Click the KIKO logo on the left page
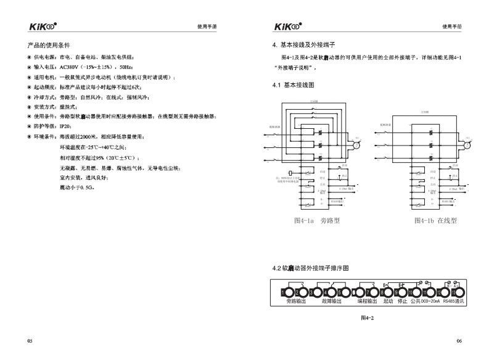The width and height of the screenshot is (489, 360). (43, 26)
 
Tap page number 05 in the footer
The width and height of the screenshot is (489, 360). (30, 341)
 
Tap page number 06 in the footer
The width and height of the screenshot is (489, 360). (459, 341)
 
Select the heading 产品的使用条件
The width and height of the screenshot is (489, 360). (49, 46)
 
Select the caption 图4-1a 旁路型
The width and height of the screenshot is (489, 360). (317, 220)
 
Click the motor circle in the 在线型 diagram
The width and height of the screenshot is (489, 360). (467, 145)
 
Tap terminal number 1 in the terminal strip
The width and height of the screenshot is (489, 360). (284, 292)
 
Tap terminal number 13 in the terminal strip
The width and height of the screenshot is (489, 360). (458, 292)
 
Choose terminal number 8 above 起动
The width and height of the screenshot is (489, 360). (387, 292)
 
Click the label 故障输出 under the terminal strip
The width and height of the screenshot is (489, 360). (331, 302)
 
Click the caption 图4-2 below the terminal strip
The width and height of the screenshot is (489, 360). (368, 318)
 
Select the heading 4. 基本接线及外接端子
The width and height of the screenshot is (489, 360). (303, 46)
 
